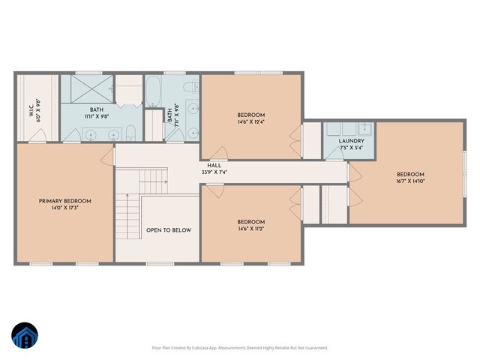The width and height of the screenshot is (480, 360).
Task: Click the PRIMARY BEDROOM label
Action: click(65, 201)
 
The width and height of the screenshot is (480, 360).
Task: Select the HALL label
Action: click(214, 166)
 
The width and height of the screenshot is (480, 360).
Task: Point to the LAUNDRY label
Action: click(351, 140)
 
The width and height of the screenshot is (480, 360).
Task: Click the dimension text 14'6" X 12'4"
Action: click(250, 121)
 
